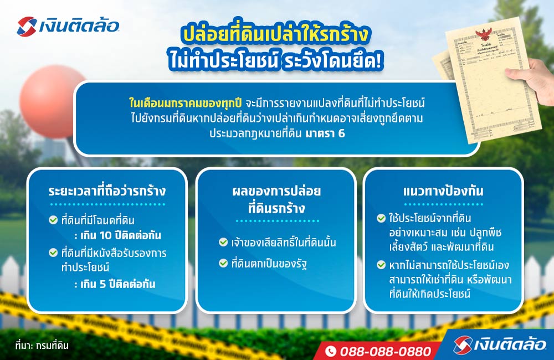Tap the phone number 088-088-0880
click(x=385, y=351)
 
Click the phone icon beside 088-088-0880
click(x=331, y=351)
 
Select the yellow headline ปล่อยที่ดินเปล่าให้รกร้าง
click(x=275, y=35)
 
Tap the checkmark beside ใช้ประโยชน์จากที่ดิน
click(x=381, y=218)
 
